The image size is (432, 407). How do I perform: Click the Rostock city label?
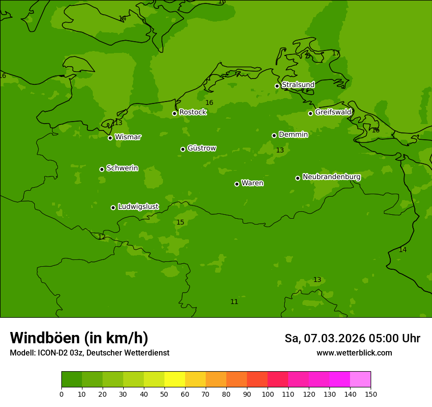pyautogui.click(x=192, y=112)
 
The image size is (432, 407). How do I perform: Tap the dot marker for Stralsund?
pyautogui.click(x=277, y=86)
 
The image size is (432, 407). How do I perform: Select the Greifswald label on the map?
pyautogui.click(x=333, y=112)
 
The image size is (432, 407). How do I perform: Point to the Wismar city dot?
pyautogui.click(x=110, y=138)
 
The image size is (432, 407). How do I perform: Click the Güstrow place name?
pyautogui.click(x=201, y=148)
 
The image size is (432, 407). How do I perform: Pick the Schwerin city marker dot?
pyautogui.click(x=102, y=169)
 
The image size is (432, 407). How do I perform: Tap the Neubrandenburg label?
pyautogui.click(x=331, y=177)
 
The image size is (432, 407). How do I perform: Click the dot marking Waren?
pyautogui.click(x=237, y=184)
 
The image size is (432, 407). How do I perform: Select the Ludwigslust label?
pyautogui.click(x=138, y=207)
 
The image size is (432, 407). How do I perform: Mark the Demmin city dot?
pyautogui.click(x=274, y=135)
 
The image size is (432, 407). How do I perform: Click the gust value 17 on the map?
pyautogui.click(x=336, y=53)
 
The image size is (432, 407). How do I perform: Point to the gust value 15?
pyautogui.click(x=180, y=223)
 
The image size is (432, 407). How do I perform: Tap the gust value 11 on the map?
pyautogui.click(x=234, y=302)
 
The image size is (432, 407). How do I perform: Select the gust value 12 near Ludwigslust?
pyautogui.click(x=102, y=237)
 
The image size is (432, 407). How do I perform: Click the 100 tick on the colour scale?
pyautogui.click(x=268, y=394)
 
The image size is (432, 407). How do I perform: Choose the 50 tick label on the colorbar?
pyautogui.click(x=164, y=394)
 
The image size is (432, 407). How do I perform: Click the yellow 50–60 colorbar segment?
pyautogui.click(x=175, y=380)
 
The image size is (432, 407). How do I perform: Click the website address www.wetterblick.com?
pyautogui.click(x=354, y=353)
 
